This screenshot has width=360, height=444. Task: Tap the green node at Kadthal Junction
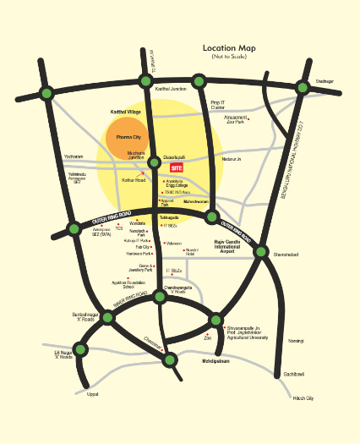click(x=141, y=80)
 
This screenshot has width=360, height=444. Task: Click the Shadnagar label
click(x=325, y=81)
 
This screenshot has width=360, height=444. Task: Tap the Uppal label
click(x=93, y=393)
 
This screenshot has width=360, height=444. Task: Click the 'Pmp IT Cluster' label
click(x=218, y=106)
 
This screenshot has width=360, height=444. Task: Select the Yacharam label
click(x=74, y=156)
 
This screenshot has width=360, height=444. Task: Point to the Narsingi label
click(x=296, y=339)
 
